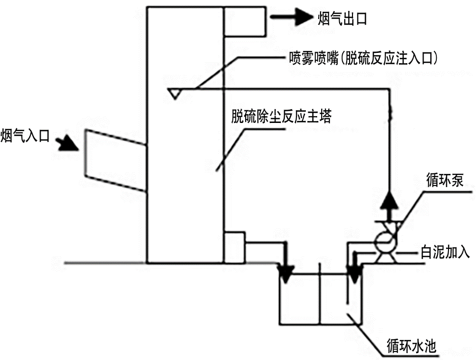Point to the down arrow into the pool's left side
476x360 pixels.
pyautogui.click(x=286, y=272)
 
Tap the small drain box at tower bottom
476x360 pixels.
pyautogui.click(x=233, y=247)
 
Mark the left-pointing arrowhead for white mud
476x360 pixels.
pyautogui.click(x=358, y=254)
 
